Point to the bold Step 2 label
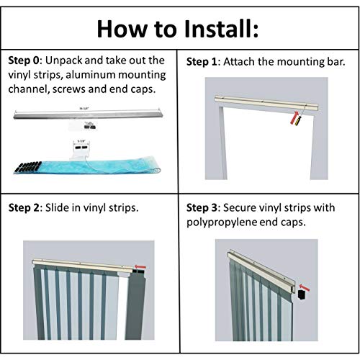click(x=27, y=208)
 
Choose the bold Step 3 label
click(x=204, y=208)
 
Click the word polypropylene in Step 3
click(x=228, y=224)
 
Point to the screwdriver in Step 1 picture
click(x=294, y=117)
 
